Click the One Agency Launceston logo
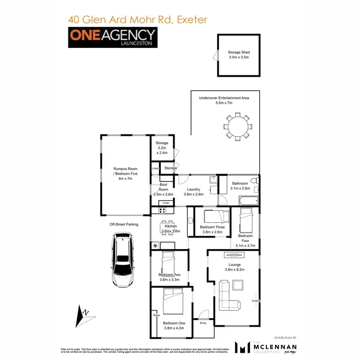[x=112, y=37]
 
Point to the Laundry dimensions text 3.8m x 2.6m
[x=194, y=194]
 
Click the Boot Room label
[x=163, y=187]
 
